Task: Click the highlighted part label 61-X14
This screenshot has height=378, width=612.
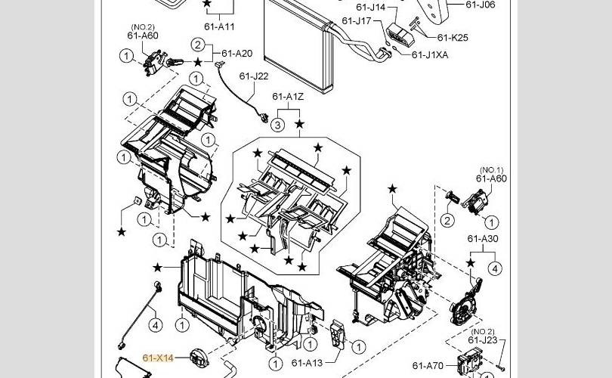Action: (158, 358)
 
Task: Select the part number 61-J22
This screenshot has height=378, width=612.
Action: (254, 76)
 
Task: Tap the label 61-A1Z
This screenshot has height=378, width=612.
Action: (288, 97)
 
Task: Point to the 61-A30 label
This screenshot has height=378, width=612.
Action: (483, 239)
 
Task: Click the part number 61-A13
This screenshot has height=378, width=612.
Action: (308, 363)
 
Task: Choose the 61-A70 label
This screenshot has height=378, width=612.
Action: (428, 366)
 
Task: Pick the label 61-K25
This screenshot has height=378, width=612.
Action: (453, 38)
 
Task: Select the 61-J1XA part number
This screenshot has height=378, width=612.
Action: (430, 55)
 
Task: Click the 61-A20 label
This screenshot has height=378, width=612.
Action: (237, 54)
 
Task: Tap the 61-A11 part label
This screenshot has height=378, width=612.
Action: (219, 26)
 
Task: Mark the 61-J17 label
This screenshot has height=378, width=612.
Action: (357, 20)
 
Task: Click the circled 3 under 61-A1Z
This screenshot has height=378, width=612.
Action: (277, 125)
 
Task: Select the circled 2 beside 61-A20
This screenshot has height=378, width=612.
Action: (198, 45)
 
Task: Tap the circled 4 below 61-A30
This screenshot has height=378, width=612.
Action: (496, 268)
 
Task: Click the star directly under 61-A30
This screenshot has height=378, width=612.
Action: (471, 263)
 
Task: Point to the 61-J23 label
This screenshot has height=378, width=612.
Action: (483, 340)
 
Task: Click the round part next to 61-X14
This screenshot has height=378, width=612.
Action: (199, 358)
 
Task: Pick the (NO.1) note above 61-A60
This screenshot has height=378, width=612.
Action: (491, 170)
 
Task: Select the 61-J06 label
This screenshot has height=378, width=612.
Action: (481, 5)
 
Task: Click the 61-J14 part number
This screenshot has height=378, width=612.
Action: (371, 7)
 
